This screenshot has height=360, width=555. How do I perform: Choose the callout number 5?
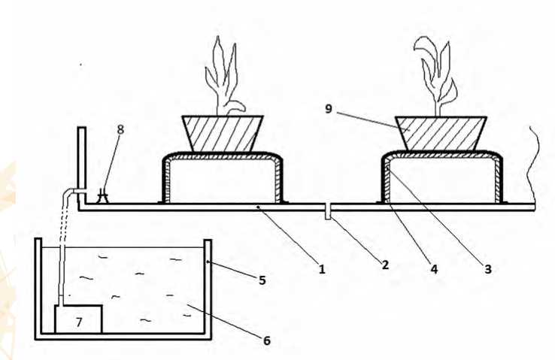coord(262,280)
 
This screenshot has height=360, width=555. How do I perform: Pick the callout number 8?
coord(121,129)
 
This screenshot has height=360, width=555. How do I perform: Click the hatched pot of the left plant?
coord(223,133)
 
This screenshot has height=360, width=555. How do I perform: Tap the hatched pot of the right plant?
coord(440,133)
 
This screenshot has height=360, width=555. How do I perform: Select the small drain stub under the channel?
coord(329,213)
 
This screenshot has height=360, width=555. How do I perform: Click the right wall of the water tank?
coord(208,286)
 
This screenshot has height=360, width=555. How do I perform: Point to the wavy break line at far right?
coord(535,161)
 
